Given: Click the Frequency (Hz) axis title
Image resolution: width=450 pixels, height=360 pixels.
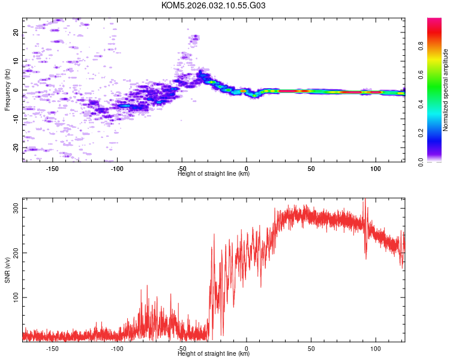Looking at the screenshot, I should click(7, 90).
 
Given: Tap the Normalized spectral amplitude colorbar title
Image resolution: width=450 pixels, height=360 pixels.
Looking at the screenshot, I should click(446, 90).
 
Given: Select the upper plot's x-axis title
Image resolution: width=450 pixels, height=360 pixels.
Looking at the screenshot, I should click(214, 173).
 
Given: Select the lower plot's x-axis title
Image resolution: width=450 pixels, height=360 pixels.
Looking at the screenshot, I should click(214, 353).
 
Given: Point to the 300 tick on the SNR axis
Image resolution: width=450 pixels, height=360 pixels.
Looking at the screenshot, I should click(15, 208).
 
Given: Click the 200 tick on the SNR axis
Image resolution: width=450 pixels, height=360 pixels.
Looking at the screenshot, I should click(15, 253).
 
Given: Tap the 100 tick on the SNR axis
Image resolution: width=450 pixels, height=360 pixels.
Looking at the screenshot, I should click(15, 297).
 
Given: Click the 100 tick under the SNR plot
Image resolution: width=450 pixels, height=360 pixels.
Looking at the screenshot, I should click(376, 347).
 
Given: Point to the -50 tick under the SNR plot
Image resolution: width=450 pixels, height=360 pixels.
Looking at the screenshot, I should click(182, 347).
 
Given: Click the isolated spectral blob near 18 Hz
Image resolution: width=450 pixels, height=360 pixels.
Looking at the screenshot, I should click(194, 39).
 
